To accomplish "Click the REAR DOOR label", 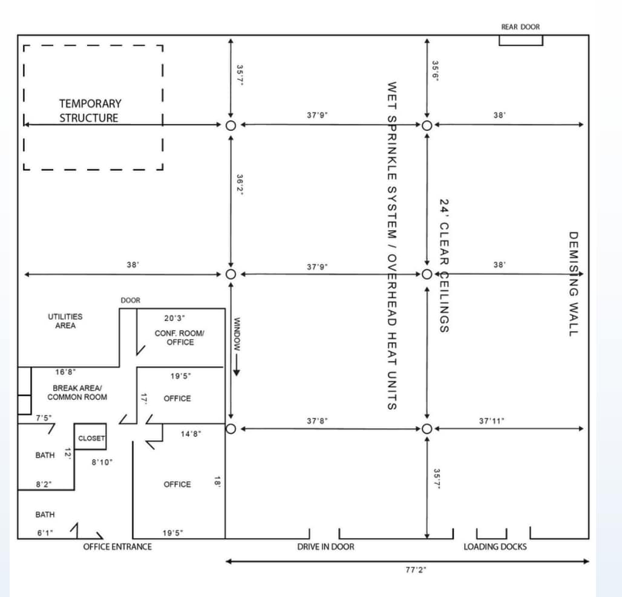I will [x=520, y=27].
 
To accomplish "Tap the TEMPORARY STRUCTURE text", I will [x=90, y=111].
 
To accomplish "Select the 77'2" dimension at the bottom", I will [x=416, y=570].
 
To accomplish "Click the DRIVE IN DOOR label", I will [x=326, y=547].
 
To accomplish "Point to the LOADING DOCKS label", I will [x=495, y=547].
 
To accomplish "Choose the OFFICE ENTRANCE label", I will [x=117, y=547].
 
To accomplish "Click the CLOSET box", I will [x=91, y=438].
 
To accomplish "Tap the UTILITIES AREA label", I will [x=65, y=321].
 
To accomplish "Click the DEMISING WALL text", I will [x=574, y=283].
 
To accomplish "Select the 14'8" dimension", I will [x=191, y=434].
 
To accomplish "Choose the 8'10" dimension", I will [x=102, y=462].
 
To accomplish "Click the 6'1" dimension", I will [x=45, y=533].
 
